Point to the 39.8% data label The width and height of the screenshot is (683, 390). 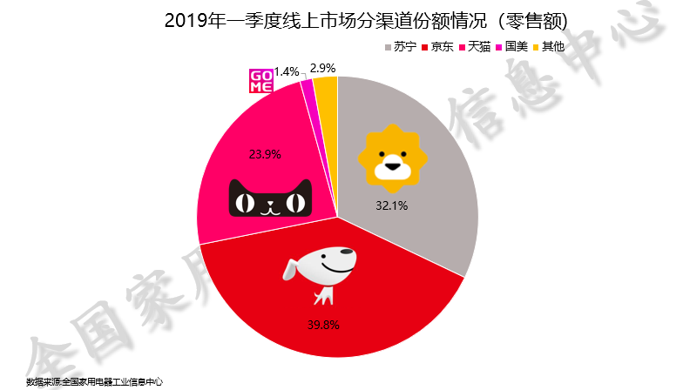tap(322, 325)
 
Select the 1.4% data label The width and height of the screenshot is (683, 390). tap(287, 71)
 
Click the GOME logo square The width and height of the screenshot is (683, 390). tap(260, 80)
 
